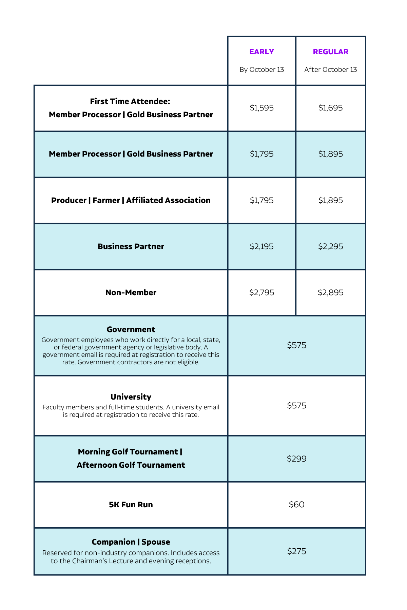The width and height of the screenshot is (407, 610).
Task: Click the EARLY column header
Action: (261, 52)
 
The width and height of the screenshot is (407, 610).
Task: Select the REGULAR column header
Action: (330, 52)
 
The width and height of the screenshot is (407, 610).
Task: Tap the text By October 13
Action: (261, 69)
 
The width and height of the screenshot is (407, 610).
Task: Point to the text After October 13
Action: (330, 69)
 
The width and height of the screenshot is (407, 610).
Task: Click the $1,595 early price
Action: (261, 108)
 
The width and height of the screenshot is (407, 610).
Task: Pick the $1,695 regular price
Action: (330, 108)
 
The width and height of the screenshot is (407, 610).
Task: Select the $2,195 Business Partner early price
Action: (261, 246)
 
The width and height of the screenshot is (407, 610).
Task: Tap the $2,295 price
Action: (330, 246)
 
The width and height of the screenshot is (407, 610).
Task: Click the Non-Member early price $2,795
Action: (261, 292)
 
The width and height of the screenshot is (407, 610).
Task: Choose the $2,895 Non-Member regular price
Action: (330, 292)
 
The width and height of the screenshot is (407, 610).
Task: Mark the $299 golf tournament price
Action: (296, 459)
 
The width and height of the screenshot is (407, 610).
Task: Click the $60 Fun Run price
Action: (296, 505)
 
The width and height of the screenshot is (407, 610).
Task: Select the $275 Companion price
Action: (296, 551)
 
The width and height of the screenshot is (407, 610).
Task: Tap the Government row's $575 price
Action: (296, 345)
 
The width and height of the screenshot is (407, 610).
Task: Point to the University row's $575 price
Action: (296, 406)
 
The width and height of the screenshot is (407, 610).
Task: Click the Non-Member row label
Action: (131, 292)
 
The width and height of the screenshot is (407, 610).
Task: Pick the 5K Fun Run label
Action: (131, 505)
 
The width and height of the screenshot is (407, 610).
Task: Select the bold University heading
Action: (131, 397)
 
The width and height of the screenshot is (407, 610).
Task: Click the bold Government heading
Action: (131, 329)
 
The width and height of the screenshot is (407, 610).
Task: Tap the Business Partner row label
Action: (131, 246)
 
